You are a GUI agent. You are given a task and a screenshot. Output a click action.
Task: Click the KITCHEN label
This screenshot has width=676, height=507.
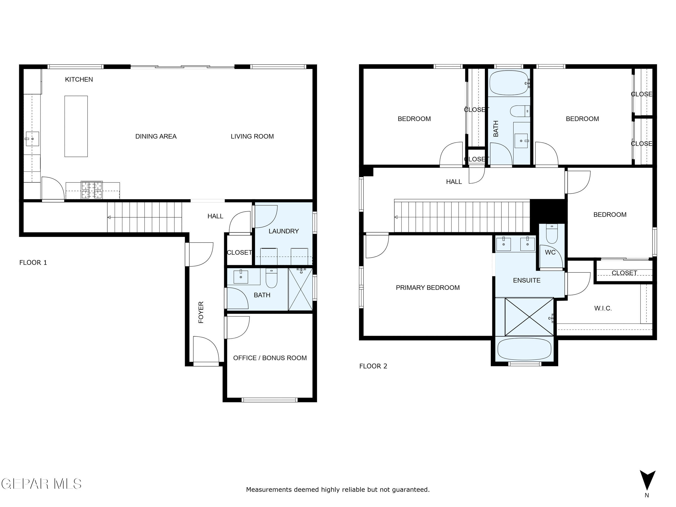click(x=79, y=79)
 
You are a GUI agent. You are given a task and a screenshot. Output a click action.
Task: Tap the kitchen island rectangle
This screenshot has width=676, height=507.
click(x=76, y=126)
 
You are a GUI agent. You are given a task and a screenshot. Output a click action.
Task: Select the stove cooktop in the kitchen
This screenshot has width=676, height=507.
click(x=92, y=190)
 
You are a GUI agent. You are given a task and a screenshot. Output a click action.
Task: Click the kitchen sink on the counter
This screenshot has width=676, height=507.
click(x=32, y=139)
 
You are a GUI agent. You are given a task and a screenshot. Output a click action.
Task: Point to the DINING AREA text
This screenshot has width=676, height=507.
click(x=156, y=136)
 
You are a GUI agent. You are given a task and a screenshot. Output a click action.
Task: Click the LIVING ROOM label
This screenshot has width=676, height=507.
click(x=252, y=136)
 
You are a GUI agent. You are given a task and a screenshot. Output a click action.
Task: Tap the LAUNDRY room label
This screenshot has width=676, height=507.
click(x=284, y=231)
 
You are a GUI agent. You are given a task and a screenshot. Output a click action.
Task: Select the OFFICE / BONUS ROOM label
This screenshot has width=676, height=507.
click(x=270, y=358)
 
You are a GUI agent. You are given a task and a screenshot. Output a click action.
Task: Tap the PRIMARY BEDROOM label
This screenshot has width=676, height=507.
click(x=428, y=287)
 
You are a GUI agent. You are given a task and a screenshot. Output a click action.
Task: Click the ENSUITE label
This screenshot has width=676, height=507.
click(x=526, y=280)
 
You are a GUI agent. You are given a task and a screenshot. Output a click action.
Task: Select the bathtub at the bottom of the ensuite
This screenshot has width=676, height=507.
click(x=524, y=349)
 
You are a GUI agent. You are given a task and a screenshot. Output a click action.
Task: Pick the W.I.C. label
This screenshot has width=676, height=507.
click(x=603, y=308)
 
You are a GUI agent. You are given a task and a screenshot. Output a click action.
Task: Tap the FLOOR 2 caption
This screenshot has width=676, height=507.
click(x=373, y=366)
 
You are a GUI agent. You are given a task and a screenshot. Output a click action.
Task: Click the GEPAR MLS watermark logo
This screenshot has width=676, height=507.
click(x=41, y=484)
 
